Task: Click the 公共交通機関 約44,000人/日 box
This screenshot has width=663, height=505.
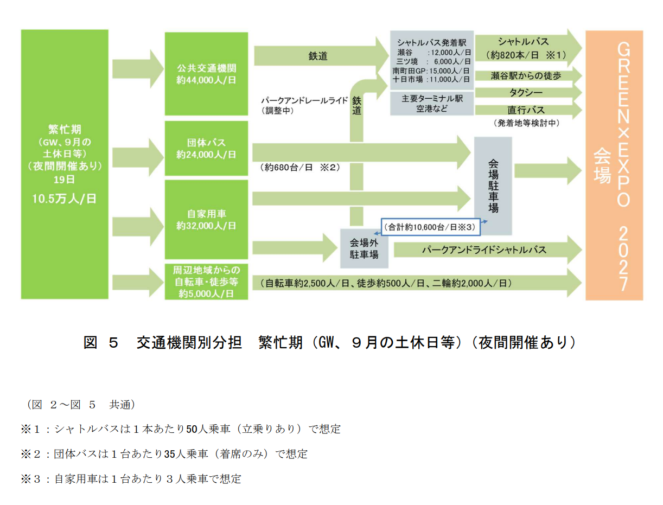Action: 206,74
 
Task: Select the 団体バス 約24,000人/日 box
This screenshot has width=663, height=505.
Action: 206,148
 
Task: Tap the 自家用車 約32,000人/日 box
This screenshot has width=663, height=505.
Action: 206,220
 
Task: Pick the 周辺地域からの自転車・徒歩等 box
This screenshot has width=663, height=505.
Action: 206,282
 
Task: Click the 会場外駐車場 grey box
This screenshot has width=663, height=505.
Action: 364,248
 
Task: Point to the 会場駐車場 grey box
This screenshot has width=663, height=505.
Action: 493,186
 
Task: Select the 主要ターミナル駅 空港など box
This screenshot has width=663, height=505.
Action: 432,104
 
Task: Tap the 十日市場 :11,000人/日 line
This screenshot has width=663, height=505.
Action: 432,79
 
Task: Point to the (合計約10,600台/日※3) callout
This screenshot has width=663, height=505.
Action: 430,227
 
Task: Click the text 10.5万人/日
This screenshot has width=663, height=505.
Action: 64,199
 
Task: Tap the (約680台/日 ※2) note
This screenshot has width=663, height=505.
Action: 300,167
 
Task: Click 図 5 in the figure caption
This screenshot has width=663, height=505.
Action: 101,343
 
